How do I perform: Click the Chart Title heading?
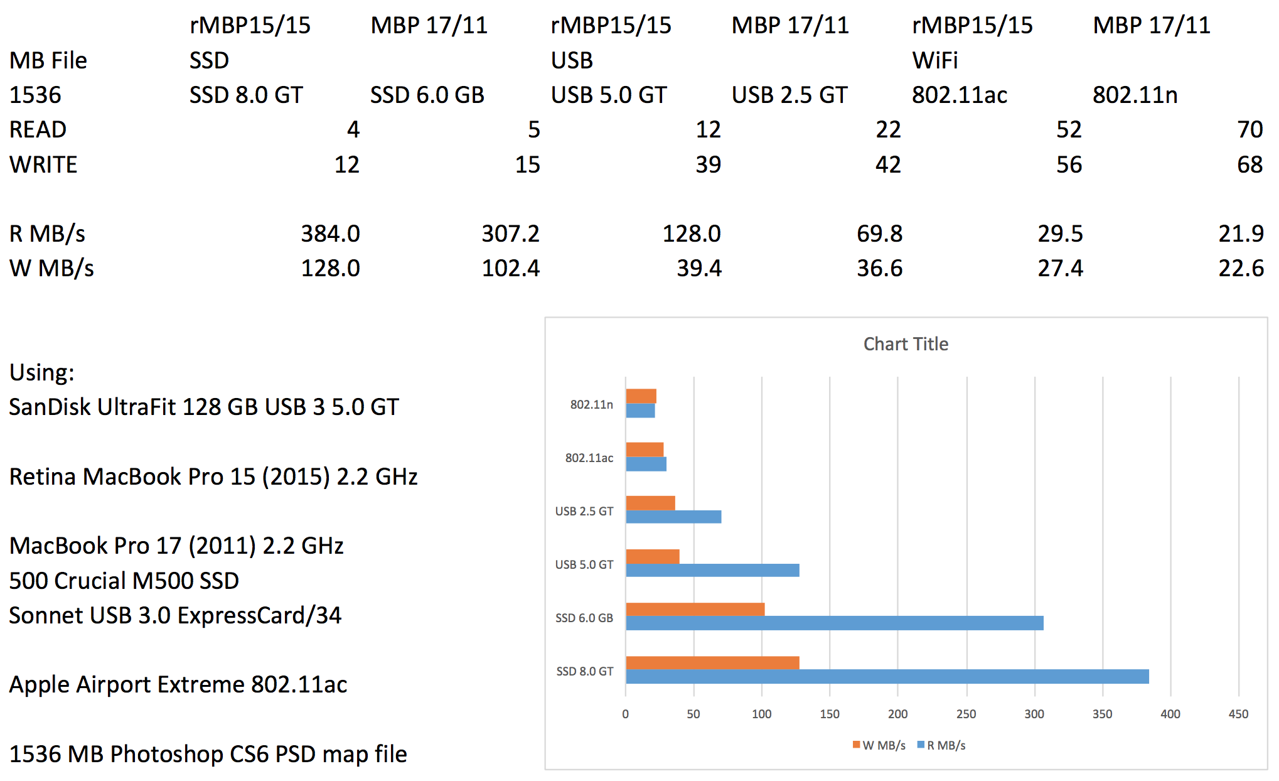[905, 344]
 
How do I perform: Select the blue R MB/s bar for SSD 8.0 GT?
[887, 677]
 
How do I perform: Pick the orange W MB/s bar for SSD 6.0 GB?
[695, 610]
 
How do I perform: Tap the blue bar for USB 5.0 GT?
[712, 570]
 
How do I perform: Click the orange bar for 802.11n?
[641, 396]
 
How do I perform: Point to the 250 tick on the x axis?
[966, 714]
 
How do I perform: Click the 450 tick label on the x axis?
[1238, 714]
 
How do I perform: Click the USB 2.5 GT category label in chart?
[584, 511]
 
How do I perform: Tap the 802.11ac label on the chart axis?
[589, 458]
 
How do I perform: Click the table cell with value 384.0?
[330, 234]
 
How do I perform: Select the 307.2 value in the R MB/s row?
[510, 234]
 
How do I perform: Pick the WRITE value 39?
[708, 164]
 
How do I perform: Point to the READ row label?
[38, 129]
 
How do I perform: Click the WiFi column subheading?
[934, 60]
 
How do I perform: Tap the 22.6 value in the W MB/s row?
[1240, 268]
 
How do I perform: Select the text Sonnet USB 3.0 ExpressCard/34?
[175, 615]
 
